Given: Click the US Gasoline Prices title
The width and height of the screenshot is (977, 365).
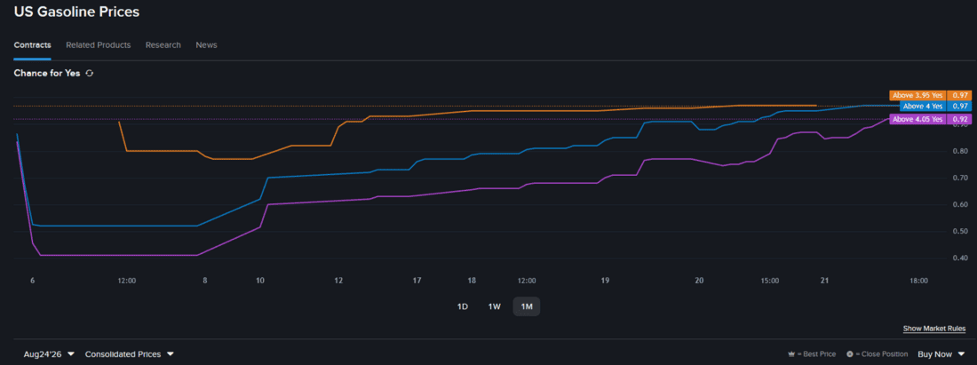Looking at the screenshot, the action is [x=76, y=12].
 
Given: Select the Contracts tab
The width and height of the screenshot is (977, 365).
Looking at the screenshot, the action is [x=32, y=44].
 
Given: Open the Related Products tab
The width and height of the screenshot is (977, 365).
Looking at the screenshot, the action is [x=99, y=44].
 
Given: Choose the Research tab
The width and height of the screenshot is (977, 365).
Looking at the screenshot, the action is [x=163, y=44].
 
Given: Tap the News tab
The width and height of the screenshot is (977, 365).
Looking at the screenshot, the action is [x=206, y=44].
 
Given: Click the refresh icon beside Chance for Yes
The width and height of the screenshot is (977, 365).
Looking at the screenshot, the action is [x=89, y=73].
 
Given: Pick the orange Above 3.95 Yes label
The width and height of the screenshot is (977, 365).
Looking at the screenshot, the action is [x=917, y=95].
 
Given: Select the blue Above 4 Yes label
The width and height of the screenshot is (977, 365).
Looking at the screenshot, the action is [x=923, y=107].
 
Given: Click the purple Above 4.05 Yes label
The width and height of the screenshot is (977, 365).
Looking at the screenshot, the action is [x=917, y=119].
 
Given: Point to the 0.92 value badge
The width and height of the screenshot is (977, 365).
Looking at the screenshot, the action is [x=959, y=119].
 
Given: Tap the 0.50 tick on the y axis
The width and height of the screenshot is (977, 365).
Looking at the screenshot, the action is [x=960, y=231].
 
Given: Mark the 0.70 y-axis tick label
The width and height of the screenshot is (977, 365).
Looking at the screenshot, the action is [x=960, y=178].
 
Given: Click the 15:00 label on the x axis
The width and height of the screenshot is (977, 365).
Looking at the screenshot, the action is [x=769, y=281].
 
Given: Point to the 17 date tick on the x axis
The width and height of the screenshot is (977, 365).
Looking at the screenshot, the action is [x=417, y=281].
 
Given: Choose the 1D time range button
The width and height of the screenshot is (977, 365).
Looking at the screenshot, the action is [x=463, y=306].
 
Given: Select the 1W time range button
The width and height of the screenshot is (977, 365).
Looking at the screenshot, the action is [x=494, y=306].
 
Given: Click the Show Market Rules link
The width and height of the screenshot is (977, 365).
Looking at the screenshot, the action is [x=934, y=329].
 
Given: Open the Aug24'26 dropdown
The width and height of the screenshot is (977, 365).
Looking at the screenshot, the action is [x=49, y=353].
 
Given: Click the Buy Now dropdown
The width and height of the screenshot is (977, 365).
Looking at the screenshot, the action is [x=941, y=353].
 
